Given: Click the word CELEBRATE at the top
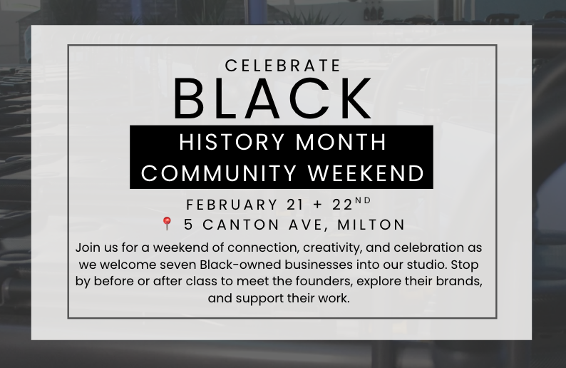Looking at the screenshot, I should pyautogui.click(x=283, y=66).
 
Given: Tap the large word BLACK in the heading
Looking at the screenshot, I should pyautogui.click(x=273, y=99).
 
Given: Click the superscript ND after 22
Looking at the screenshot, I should pyautogui.click(x=364, y=201).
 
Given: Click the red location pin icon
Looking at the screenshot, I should pyautogui.click(x=168, y=224).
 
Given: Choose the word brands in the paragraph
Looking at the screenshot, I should pyautogui.click(x=460, y=281).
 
